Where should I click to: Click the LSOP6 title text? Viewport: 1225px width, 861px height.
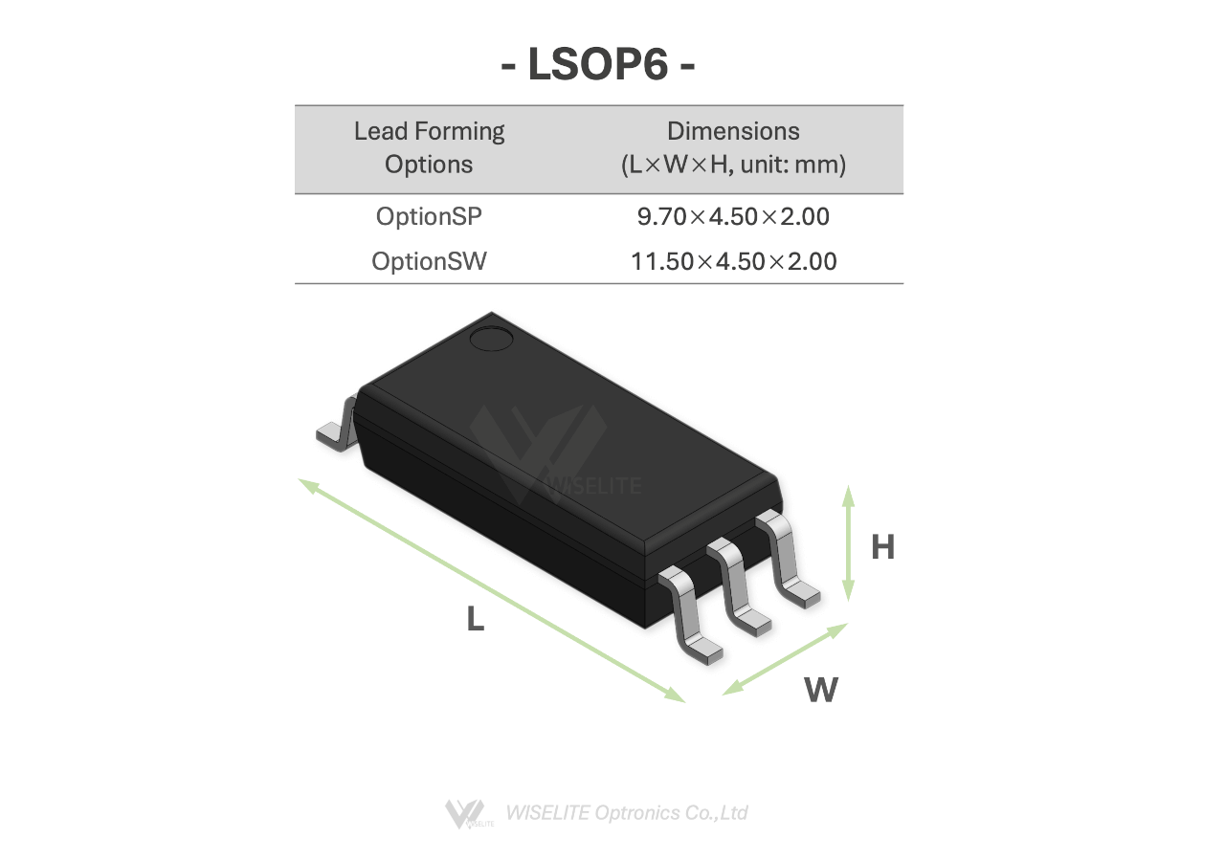click(598, 64)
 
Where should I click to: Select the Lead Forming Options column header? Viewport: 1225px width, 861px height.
click(429, 147)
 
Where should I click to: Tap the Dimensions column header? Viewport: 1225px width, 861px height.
click(733, 147)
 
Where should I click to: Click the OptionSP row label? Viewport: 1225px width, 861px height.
click(429, 216)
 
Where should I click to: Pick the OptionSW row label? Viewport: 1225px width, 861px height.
click(429, 261)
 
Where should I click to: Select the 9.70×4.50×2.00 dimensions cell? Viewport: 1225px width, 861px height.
click(733, 216)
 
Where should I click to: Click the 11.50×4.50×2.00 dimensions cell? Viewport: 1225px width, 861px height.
click(733, 261)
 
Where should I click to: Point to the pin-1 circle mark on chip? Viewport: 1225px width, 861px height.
click(491, 339)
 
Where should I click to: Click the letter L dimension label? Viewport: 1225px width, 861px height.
click(476, 618)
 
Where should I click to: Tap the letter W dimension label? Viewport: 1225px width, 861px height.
click(821, 690)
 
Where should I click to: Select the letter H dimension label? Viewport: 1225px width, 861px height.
click(882, 546)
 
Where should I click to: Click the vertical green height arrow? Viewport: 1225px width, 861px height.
click(848, 542)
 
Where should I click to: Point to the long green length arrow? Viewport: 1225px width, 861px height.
click(492, 590)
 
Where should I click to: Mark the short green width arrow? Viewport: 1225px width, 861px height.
click(785, 659)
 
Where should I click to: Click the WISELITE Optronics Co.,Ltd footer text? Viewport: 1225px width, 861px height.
click(627, 813)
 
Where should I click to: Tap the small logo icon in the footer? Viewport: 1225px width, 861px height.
click(468, 814)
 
